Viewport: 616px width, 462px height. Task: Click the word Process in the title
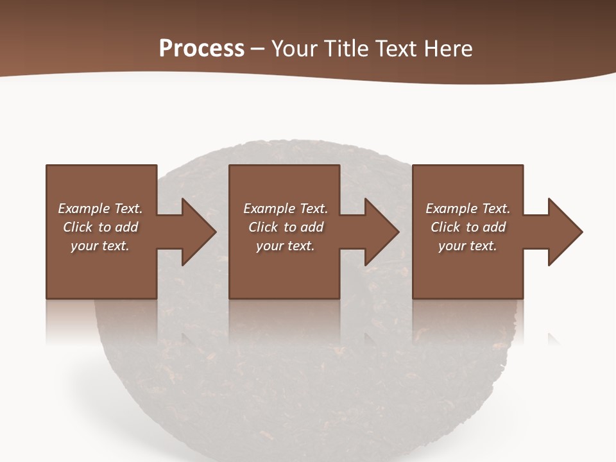[201, 49]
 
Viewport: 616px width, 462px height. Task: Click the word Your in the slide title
[296, 49]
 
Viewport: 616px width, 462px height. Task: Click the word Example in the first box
[83, 209]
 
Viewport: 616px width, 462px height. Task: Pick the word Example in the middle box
[269, 209]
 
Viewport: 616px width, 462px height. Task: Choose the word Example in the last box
[451, 209]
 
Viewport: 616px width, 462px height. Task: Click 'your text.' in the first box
[100, 246]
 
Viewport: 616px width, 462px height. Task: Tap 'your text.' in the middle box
[285, 246]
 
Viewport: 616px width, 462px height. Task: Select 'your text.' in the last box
[468, 246]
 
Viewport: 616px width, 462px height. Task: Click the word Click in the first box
[78, 227]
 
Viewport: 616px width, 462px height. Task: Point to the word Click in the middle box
[263, 227]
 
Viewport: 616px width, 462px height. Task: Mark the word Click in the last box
[445, 227]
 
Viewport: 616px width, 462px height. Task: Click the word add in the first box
[126, 227]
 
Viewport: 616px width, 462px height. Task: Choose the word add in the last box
[494, 227]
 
